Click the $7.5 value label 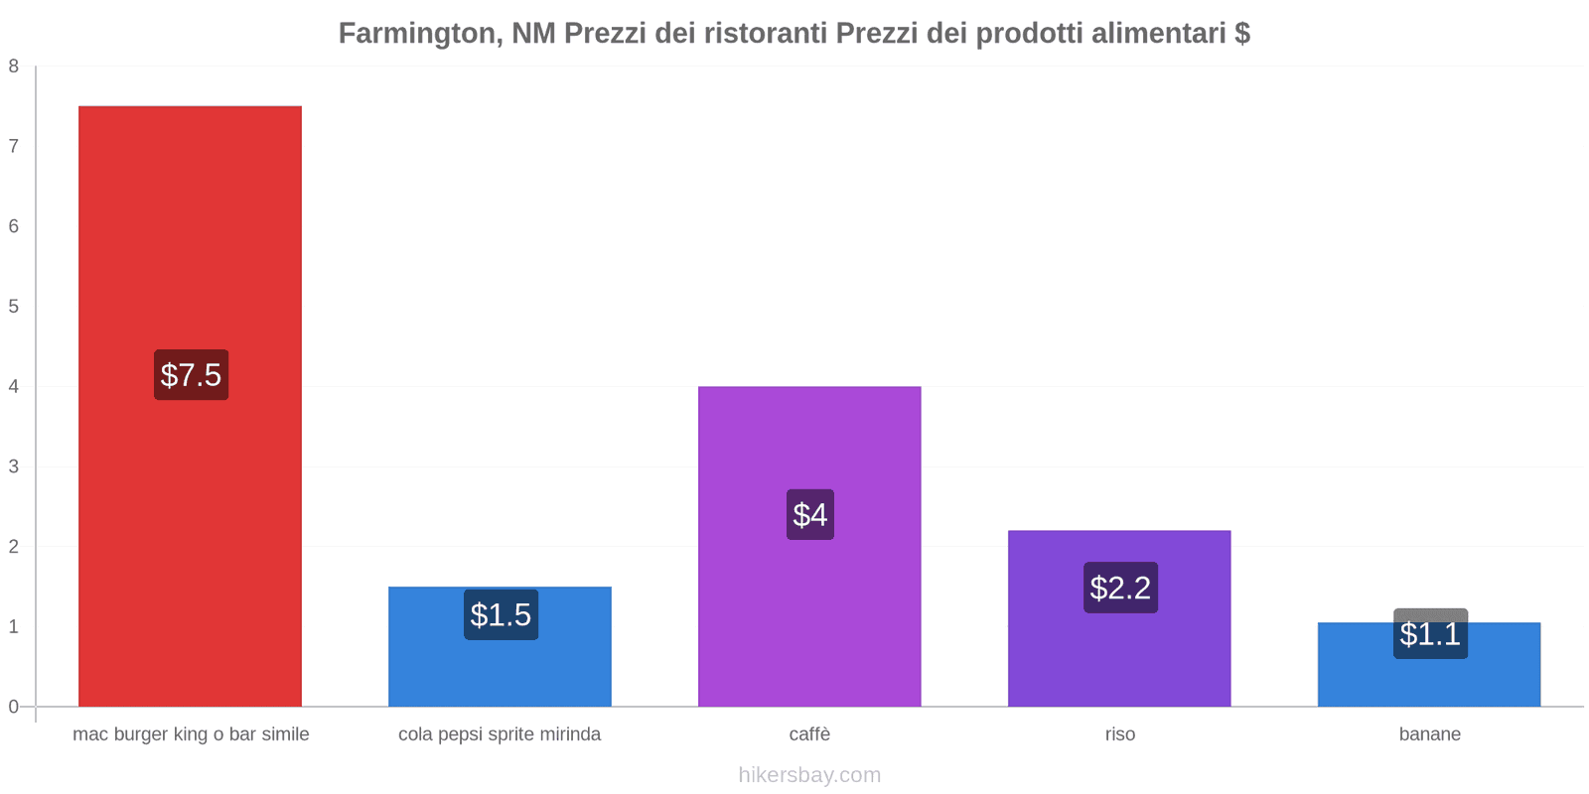pyautogui.click(x=191, y=375)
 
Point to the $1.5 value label pyautogui.click(x=501, y=615)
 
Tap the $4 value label pyautogui.click(x=810, y=515)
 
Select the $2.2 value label pyautogui.click(x=1120, y=588)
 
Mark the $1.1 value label pyautogui.click(x=1430, y=634)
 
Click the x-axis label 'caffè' pyautogui.click(x=809, y=734)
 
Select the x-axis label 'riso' pyautogui.click(x=1120, y=734)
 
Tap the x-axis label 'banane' pyautogui.click(x=1430, y=734)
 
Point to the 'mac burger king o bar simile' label pyautogui.click(x=191, y=734)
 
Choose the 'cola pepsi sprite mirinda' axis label pyautogui.click(x=500, y=734)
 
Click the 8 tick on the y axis pyautogui.click(x=14, y=66)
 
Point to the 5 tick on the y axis pyautogui.click(x=14, y=307)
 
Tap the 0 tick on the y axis pyautogui.click(x=14, y=707)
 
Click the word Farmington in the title pyautogui.click(x=417, y=34)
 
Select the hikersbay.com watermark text pyautogui.click(x=809, y=775)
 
